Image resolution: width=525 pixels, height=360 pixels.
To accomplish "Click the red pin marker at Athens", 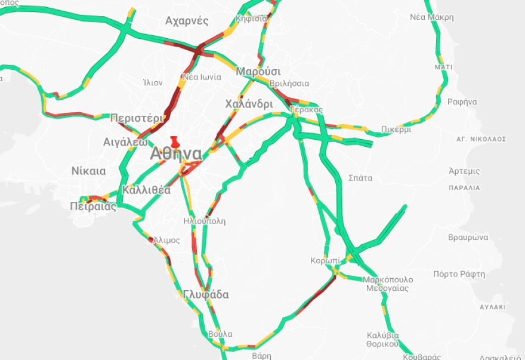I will [x=174, y=142].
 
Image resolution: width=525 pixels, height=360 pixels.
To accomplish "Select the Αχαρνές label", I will [x=187, y=21].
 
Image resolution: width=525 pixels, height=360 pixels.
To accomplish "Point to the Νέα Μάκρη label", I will [x=431, y=17].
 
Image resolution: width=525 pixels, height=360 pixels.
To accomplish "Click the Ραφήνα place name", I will [x=462, y=101].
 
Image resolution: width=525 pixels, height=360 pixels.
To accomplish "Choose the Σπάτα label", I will [x=360, y=178].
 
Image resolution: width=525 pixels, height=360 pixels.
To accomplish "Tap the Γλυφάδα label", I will [x=206, y=295].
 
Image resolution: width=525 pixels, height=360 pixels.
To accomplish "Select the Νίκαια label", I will [x=88, y=171].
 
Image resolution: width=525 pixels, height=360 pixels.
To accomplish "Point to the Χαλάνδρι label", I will [x=249, y=104].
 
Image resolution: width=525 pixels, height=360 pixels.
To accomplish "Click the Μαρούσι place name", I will [x=258, y=72].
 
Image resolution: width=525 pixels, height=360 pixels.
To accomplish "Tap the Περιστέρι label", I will [x=137, y=118].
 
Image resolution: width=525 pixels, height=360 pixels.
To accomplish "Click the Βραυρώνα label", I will [x=468, y=237].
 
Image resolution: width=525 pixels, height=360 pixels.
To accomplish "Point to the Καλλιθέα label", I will [x=146, y=190].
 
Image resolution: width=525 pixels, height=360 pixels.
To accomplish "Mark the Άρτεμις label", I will [x=465, y=171].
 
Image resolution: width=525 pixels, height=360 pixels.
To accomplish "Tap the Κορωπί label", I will [x=325, y=261].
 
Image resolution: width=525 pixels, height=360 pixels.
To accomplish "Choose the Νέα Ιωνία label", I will [x=202, y=77].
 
